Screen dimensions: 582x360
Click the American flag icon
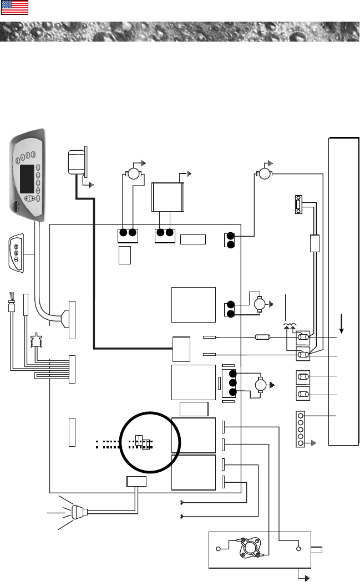point(15,8)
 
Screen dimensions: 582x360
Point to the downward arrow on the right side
point(342,321)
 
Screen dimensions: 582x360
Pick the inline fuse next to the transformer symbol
point(262,336)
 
